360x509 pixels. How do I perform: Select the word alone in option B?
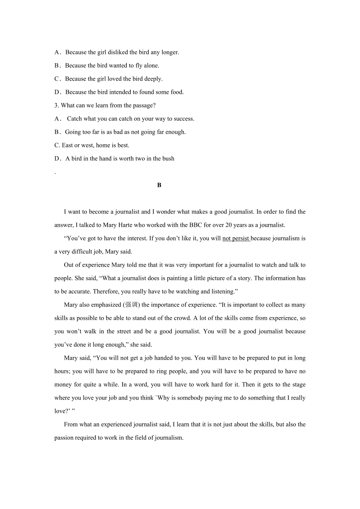click(x=151, y=66)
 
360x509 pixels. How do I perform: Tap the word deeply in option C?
click(x=153, y=79)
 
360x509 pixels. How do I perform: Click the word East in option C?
click(x=67, y=145)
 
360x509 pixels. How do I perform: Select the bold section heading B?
click(x=159, y=185)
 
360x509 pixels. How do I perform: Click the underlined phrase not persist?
click(x=236, y=238)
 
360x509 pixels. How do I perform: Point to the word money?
click(x=63, y=385)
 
